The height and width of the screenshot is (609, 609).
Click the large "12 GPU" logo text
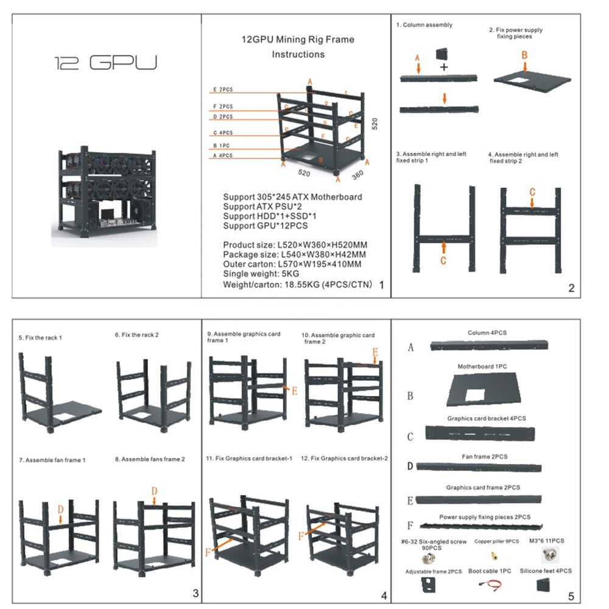pyautogui.click(x=105, y=63)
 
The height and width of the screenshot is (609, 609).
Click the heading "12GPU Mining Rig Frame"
pyautogui.click(x=298, y=40)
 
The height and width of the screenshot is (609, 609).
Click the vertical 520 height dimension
pyautogui.click(x=376, y=124)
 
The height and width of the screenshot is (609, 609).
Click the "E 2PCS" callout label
pyautogui.click(x=223, y=90)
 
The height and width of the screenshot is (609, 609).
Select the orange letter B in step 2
pyautogui.click(x=524, y=54)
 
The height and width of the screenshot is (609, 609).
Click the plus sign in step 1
pyautogui.click(x=444, y=66)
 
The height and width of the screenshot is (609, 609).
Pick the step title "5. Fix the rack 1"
pyautogui.click(x=40, y=337)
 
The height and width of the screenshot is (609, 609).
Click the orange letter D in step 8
pyautogui.click(x=155, y=491)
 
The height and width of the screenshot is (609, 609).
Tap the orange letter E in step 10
pyautogui.click(x=375, y=353)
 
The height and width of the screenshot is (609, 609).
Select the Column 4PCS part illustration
pyautogui.click(x=489, y=345)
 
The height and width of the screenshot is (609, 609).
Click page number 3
pyautogui.click(x=195, y=593)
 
